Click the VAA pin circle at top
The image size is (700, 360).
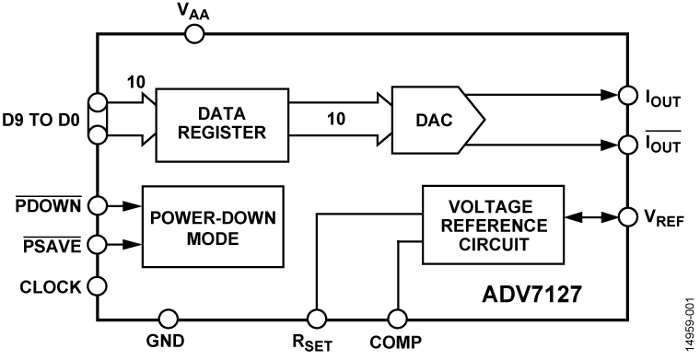coord(194,34)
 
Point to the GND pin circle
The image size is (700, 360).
coord(168,319)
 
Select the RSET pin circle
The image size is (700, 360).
coord(317,319)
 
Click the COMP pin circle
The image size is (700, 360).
coord(397,319)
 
